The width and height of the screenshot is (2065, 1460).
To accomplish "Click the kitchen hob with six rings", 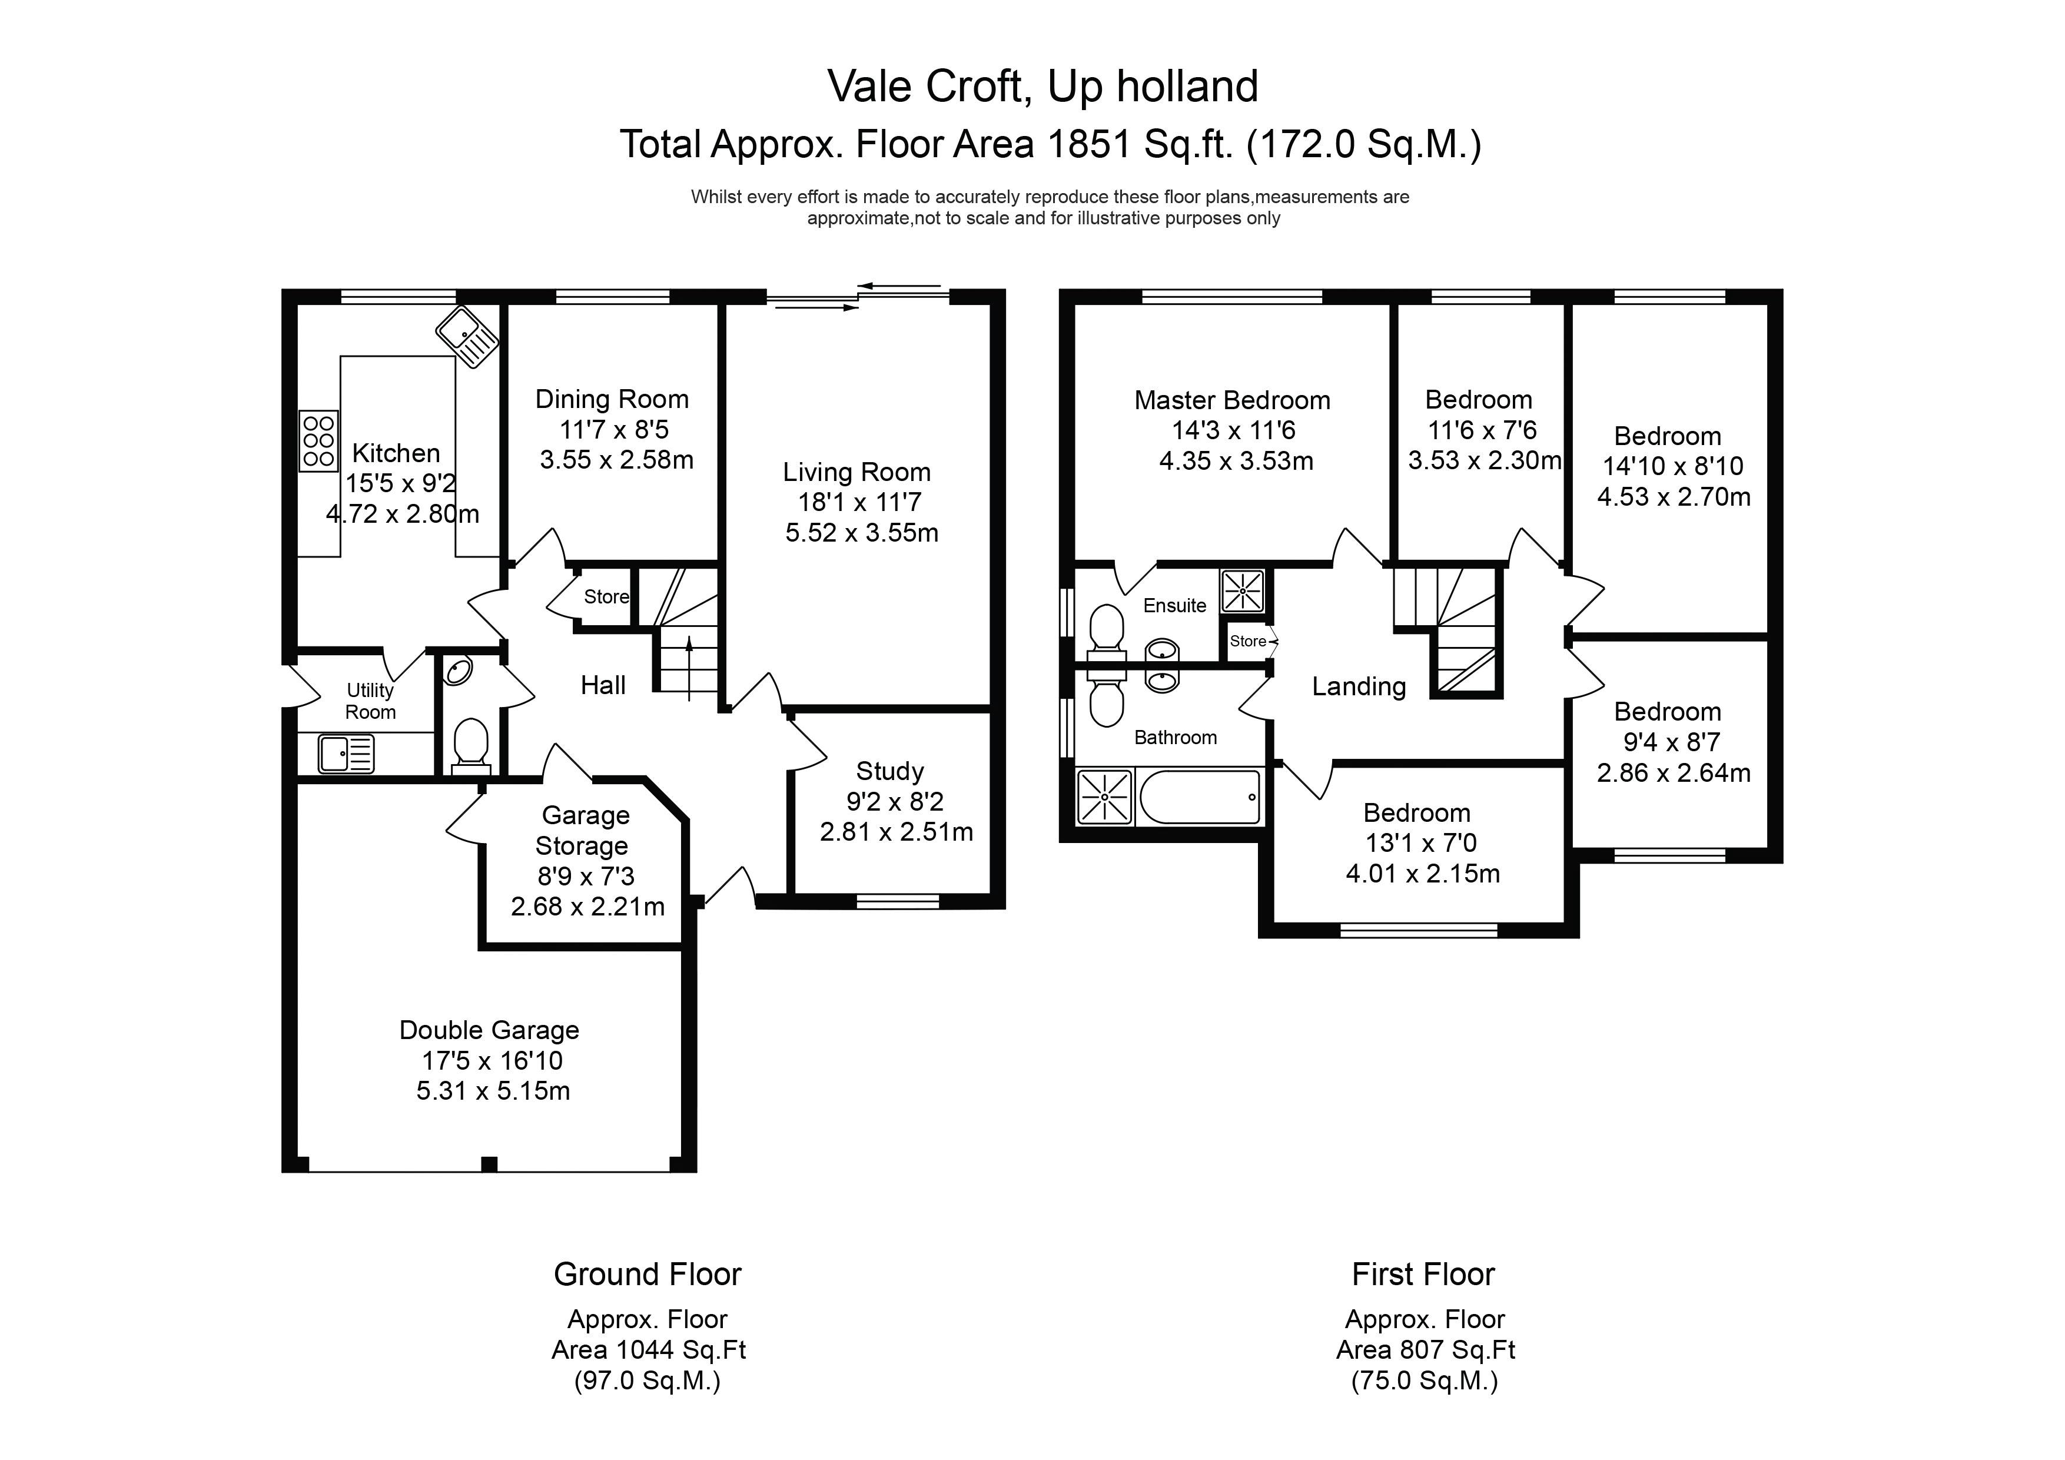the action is [318, 441].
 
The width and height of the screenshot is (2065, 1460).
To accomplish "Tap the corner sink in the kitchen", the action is [467, 336].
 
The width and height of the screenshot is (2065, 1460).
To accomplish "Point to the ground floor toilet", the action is [472, 746].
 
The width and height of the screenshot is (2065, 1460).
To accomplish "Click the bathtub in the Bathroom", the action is [1200, 797].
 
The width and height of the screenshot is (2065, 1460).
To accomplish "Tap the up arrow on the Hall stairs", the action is [690, 668].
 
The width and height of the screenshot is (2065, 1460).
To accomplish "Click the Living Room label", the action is [856, 472].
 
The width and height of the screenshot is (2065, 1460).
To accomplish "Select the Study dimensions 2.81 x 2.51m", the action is [896, 832].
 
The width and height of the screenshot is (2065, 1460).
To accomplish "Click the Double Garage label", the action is [489, 1030].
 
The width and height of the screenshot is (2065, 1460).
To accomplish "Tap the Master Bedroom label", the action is [1232, 400].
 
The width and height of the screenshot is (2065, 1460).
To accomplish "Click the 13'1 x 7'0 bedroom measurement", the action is [1421, 844].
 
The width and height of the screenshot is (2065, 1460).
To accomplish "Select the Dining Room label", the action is [612, 399].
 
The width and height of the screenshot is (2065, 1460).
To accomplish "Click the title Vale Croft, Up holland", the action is [1043, 87].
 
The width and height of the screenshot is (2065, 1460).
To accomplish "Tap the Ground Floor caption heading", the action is [648, 1275].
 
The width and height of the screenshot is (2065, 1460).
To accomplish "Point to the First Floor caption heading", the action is [1423, 1275].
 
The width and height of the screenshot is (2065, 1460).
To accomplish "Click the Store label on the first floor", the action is [1247, 641].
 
